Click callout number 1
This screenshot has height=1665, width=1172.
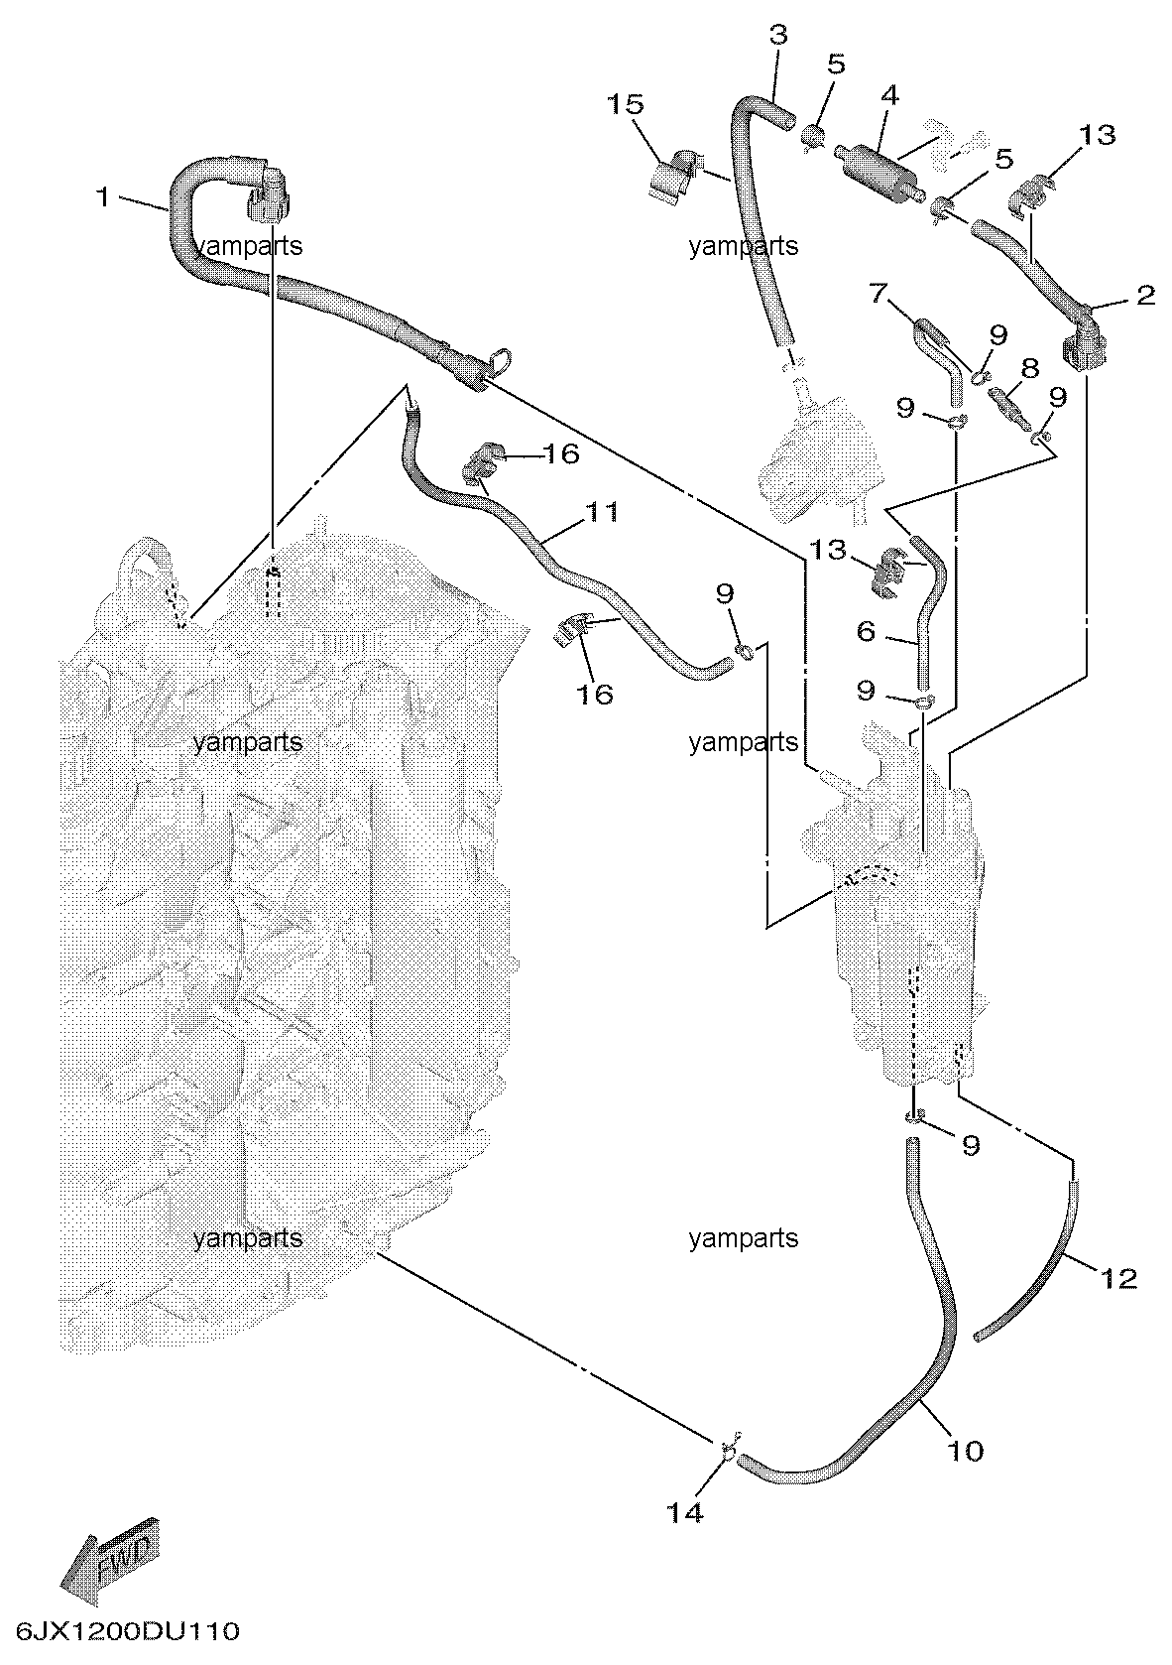tap(102, 197)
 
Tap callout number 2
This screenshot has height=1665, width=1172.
tap(1145, 296)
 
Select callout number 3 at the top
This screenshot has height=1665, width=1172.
tap(778, 36)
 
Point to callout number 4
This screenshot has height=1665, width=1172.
tap(889, 95)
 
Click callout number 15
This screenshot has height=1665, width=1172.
tap(627, 104)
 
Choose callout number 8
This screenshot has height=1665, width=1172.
tap(1029, 369)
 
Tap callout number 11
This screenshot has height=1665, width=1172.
tap(601, 512)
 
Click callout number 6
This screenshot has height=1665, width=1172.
tap(866, 631)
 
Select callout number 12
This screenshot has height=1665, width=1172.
tap(1118, 1278)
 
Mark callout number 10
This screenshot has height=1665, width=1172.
tap(964, 1451)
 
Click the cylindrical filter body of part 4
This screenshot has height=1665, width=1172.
tap(874, 164)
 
